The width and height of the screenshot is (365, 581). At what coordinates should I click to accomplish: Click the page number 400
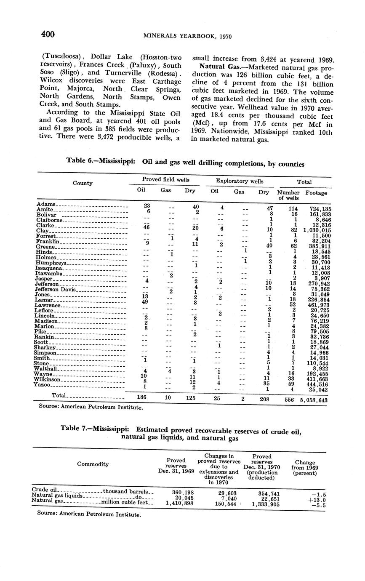click(48, 34)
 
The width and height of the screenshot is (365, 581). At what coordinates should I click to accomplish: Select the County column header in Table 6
click(83, 183)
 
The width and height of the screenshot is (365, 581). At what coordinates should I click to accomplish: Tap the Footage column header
click(317, 193)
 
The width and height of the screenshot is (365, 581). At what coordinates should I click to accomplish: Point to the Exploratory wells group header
click(240, 181)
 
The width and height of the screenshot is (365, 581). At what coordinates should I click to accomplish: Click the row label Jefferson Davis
click(55, 290)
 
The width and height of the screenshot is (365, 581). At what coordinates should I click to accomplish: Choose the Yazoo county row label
click(43, 385)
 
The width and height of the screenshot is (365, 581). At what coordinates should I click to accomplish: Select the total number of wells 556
click(289, 400)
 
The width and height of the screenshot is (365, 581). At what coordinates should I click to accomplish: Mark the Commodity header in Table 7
click(93, 464)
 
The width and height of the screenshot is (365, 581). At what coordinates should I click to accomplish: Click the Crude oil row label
click(44, 490)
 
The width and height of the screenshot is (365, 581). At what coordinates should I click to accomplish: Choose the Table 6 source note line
click(91, 408)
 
